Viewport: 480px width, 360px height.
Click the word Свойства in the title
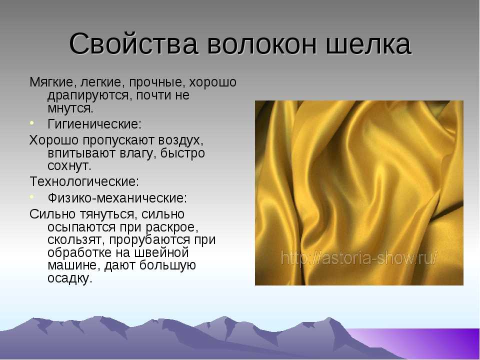coord(132,44)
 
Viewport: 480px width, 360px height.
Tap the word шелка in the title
coord(372,44)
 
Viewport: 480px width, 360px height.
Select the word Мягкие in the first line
coord(52,81)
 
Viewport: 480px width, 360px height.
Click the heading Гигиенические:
coord(94,123)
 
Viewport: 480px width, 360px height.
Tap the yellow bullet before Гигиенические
coord(32,123)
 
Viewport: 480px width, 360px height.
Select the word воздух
coord(178,139)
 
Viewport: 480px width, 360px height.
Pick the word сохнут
coord(69,165)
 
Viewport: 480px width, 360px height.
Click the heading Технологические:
coord(84,180)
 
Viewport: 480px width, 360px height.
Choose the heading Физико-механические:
coord(117,198)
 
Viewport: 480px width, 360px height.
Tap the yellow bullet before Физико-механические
coord(32,197)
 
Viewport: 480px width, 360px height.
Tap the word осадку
coord(70,278)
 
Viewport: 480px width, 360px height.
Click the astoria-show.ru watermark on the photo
coord(359,258)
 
